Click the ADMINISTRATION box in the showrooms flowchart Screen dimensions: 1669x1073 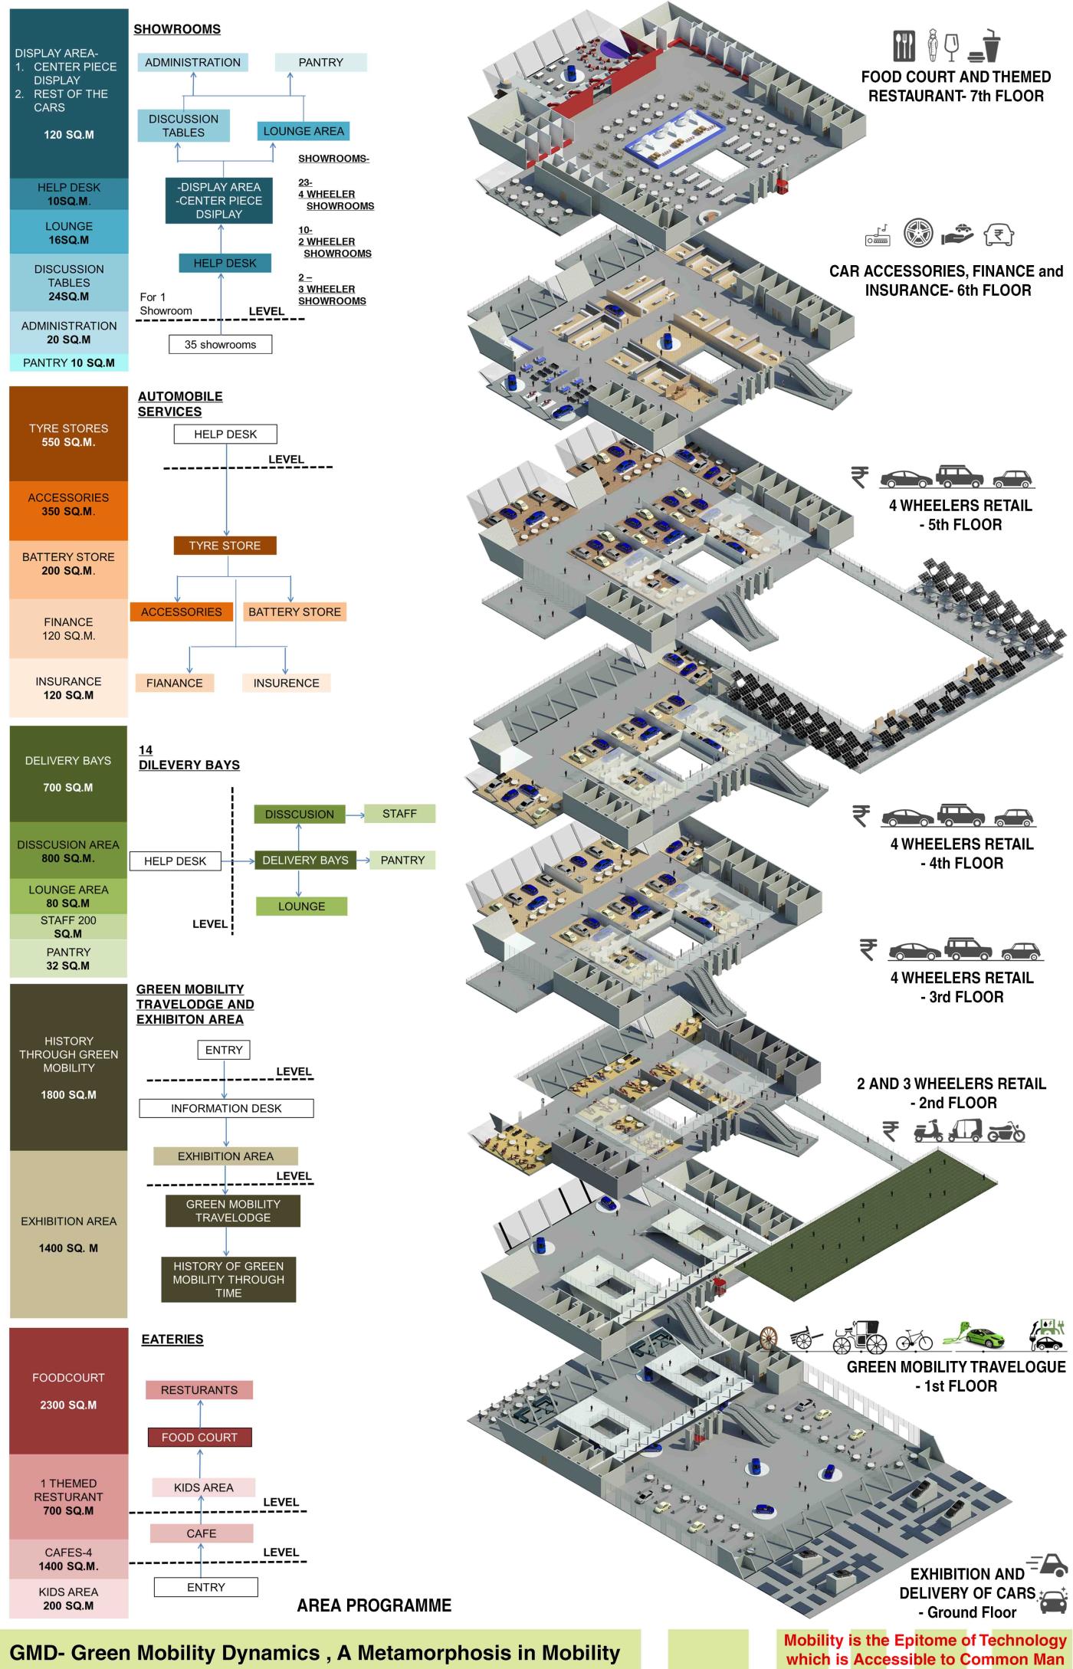click(192, 63)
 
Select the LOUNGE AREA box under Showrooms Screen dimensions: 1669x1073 click(304, 131)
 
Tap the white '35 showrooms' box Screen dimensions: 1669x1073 click(220, 345)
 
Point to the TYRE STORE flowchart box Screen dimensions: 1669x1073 click(225, 546)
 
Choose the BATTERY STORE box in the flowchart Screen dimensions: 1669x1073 click(294, 612)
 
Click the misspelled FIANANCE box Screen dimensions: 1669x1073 click(174, 683)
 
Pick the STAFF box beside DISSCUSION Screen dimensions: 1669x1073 click(399, 814)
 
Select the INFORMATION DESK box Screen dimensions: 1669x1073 click(226, 1108)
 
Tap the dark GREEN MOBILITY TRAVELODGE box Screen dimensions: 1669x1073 click(233, 1211)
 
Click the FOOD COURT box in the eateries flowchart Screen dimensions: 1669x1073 click(199, 1437)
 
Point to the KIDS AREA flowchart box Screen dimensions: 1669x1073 click(203, 1487)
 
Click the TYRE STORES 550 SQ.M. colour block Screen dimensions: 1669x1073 click(68, 434)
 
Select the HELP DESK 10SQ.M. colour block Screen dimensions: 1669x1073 click(68, 194)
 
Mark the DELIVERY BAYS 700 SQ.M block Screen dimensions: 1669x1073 click(68, 774)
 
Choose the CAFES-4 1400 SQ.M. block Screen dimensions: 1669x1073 click(68, 1559)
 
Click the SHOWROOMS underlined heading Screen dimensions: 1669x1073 click(177, 29)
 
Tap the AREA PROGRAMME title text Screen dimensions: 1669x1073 click(374, 1605)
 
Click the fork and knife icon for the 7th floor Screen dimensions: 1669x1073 click(904, 46)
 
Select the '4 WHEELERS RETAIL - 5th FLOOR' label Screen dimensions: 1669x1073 click(960, 515)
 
